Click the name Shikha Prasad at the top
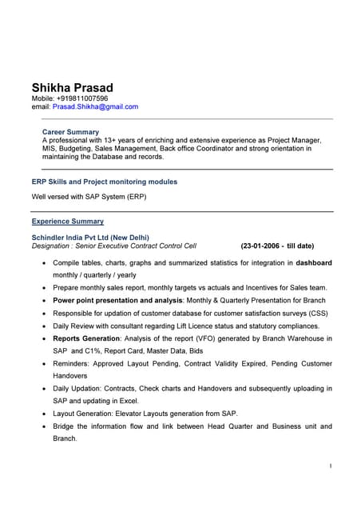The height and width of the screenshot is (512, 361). pos(72,87)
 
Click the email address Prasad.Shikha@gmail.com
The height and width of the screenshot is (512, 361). pos(95,106)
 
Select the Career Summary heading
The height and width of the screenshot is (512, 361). pos(70,131)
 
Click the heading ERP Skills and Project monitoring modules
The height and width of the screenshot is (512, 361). pos(104,182)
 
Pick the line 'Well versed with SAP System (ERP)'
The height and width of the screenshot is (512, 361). pos(89,196)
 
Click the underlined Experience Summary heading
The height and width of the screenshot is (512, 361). pos(67,221)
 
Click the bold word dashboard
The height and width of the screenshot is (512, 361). pos(314,262)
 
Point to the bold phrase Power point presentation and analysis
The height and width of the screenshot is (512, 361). pos(114,300)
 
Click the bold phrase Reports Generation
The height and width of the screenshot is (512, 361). pos(86,338)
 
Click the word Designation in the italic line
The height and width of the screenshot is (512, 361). pos(50,246)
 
